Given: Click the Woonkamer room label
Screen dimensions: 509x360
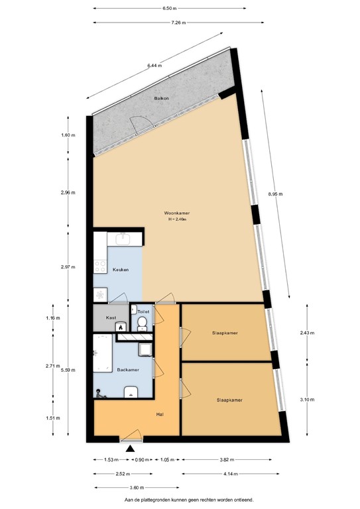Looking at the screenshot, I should coord(177,213).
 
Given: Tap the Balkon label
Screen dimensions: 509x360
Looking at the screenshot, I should coord(162,99).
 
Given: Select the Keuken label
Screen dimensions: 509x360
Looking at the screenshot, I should coord(120,270).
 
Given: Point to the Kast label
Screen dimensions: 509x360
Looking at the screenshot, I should coord(112,318).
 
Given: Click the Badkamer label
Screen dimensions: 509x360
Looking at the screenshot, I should coord(127,370).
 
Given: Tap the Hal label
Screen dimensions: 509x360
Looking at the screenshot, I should coord(159,414).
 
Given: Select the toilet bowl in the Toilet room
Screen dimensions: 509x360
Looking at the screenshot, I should coord(143,323).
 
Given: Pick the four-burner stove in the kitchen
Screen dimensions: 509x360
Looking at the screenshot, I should coord(101,266).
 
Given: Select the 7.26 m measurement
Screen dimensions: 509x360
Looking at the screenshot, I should coord(178,23).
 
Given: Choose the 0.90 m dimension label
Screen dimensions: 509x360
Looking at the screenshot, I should coord(141,459).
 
